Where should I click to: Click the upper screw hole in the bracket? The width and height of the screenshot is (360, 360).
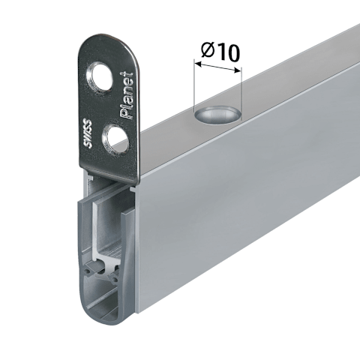point(99,77)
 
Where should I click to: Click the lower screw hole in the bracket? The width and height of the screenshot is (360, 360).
point(116,139)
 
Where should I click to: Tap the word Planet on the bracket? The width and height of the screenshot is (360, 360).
point(127,95)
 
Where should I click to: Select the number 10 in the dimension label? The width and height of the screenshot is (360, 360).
point(227,52)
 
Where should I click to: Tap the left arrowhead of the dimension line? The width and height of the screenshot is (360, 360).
point(198,64)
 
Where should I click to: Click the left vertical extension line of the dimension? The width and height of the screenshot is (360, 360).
point(194,85)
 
